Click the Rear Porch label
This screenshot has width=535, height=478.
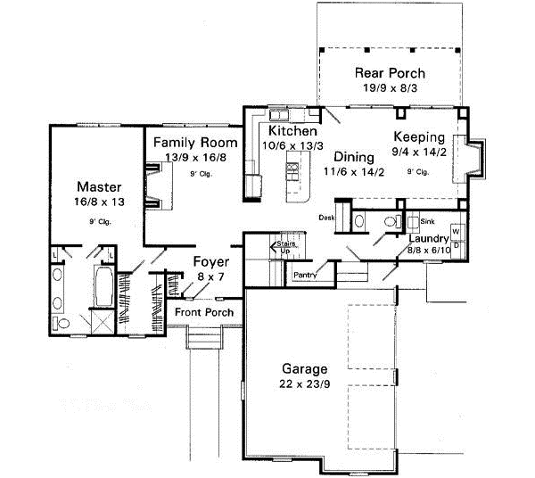pos(390,72)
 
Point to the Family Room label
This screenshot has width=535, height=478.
pos(194,143)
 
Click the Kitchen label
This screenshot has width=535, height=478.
pos(281,131)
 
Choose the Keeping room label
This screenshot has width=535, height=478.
pos(418,137)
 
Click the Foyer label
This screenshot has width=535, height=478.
pos(211,262)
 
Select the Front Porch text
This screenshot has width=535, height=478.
pos(204,312)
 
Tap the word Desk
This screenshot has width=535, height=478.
pos(327,217)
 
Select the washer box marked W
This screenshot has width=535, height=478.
pos(457,231)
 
